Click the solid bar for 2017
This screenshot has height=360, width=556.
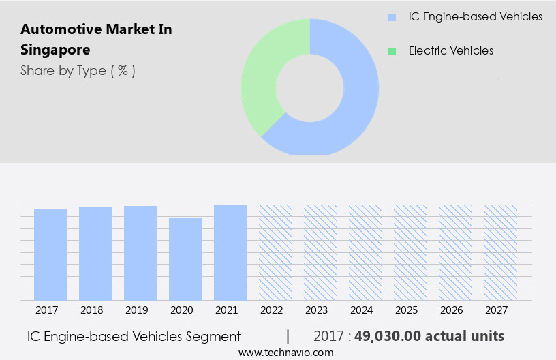click(50, 254)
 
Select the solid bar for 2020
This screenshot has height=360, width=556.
click(185, 259)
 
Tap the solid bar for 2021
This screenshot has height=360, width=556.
click(230, 252)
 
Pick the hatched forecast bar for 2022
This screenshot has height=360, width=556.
click(275, 252)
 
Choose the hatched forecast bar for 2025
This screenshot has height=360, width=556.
click(410, 252)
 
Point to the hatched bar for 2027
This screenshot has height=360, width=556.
click(500, 252)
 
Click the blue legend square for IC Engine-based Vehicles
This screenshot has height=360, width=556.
click(391, 17)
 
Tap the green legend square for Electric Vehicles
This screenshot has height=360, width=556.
click(391, 51)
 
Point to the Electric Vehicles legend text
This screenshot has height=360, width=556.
click(450, 51)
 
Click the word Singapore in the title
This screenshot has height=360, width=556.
click(55, 50)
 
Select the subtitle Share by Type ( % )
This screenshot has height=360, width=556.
click(78, 70)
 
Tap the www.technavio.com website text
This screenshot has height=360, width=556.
click(285, 352)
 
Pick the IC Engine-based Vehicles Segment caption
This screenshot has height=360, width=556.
click(134, 336)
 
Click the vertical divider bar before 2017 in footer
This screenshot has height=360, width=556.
click(288, 336)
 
